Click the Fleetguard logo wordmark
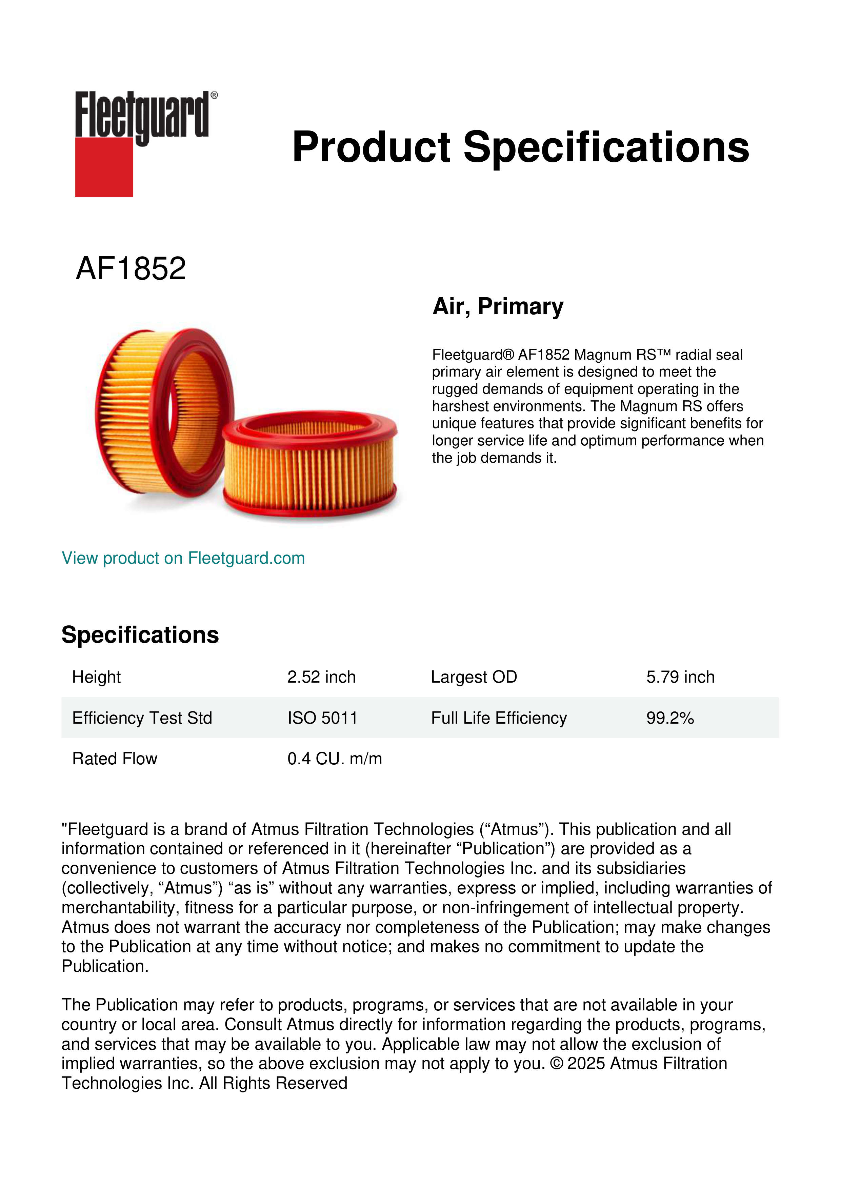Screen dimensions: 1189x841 142,115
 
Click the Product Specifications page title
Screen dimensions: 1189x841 520,147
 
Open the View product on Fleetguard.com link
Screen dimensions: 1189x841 183,558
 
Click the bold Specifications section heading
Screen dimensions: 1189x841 140,634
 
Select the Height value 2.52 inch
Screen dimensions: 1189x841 321,677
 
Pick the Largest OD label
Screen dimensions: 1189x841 474,677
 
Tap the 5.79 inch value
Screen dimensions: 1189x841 680,677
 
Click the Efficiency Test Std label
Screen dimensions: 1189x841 142,718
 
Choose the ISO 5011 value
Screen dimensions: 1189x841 322,718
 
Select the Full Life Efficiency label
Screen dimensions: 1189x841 499,718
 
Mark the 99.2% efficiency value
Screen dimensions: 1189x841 669,718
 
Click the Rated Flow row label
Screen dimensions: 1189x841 115,759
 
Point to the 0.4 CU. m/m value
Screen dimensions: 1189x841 335,759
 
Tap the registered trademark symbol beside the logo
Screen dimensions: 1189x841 214,95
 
